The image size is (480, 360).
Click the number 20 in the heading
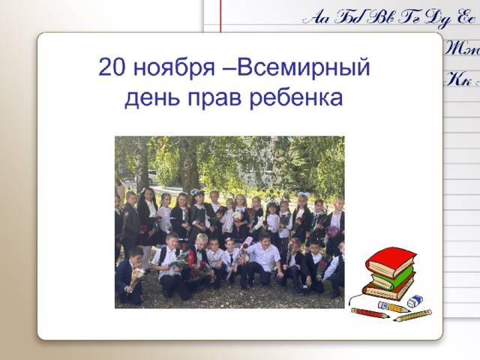click(x=112, y=67)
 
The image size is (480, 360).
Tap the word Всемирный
click(x=303, y=67)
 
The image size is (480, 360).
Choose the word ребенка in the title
click(x=296, y=98)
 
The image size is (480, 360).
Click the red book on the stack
click(x=391, y=261)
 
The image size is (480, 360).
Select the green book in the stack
click(x=393, y=277)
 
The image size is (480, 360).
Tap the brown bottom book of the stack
click(x=388, y=289)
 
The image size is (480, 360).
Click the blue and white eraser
click(x=415, y=301)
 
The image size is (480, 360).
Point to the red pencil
click(x=370, y=313)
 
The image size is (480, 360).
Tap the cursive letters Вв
click(x=382, y=16)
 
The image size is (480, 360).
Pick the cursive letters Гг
click(x=412, y=16)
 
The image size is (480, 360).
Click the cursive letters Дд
click(x=439, y=18)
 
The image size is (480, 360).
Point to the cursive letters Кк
click(x=458, y=79)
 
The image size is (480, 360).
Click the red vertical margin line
click(x=220, y=16)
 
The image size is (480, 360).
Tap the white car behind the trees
click(x=153, y=177)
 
